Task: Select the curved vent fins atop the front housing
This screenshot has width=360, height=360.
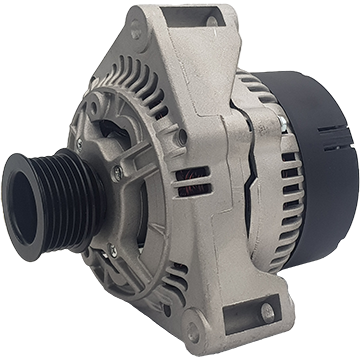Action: click(140, 85)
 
